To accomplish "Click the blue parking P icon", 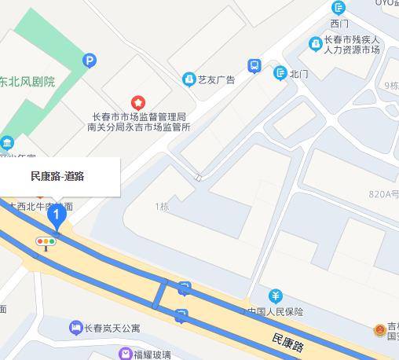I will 90,60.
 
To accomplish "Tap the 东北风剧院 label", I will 27,82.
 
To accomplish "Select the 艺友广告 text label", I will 216,79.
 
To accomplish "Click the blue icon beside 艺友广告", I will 189,79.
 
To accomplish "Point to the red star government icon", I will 138,102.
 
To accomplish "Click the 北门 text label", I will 298,74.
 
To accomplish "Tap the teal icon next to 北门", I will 280,73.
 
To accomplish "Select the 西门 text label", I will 339,24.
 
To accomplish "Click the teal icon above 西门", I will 339,8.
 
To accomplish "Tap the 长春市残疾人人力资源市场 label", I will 352,44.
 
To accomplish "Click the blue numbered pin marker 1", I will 55,214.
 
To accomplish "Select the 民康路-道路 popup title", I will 57,176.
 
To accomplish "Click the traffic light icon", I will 46,242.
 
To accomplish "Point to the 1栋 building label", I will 162,207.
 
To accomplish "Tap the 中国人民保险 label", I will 275,311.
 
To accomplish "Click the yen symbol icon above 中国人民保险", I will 276,296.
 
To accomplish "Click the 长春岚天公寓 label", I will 112,328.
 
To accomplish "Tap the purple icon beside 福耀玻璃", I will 126,354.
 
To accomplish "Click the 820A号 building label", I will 384,193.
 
